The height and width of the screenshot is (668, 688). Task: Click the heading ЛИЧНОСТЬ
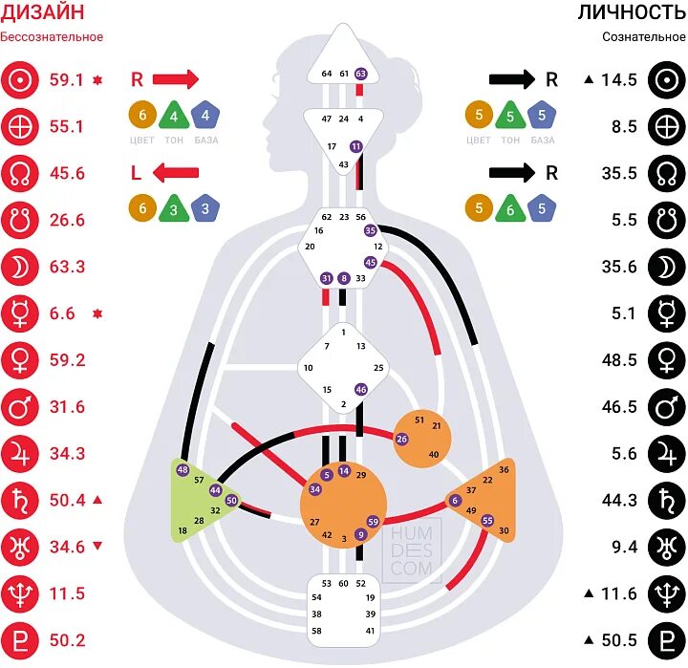click(x=632, y=12)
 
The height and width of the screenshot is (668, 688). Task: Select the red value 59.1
click(x=66, y=80)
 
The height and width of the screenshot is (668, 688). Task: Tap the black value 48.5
click(x=619, y=359)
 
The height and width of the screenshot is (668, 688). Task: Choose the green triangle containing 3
click(x=174, y=208)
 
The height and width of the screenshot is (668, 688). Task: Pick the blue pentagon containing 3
click(x=204, y=208)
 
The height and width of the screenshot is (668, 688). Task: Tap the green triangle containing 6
click(x=511, y=208)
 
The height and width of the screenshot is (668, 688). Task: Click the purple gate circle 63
click(x=360, y=74)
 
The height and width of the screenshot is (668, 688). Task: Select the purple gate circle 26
click(x=401, y=439)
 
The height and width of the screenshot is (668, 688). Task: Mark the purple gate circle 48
click(x=183, y=470)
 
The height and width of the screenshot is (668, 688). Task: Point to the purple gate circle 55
click(x=487, y=520)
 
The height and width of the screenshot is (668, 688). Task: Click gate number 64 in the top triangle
click(x=327, y=74)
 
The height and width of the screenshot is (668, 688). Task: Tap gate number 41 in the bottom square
click(x=370, y=631)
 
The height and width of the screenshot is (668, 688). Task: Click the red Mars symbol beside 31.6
click(x=19, y=407)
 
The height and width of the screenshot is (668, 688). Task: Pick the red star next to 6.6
click(x=97, y=313)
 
